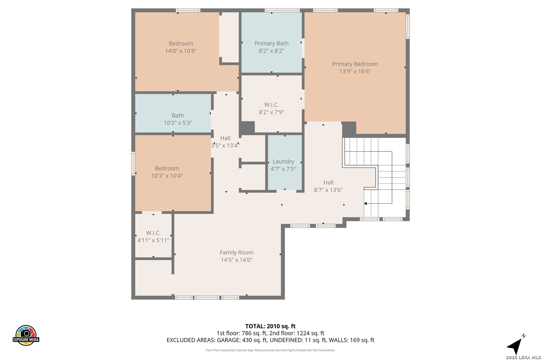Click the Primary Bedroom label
tap(355, 64)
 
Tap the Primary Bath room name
tap(272, 43)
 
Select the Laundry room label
tap(283, 162)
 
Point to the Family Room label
tap(236, 252)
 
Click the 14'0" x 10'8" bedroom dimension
tap(181, 51)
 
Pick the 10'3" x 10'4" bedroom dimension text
tap(167, 176)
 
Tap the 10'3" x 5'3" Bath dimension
tap(178, 123)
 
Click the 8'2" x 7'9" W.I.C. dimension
tap(272, 112)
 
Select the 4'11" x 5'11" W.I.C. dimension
tap(153, 240)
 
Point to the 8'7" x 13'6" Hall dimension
tap(328, 190)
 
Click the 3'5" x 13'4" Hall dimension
tap(225, 146)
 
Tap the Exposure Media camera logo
tap(26, 335)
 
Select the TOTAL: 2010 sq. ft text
tap(270, 326)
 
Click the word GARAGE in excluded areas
tap(228, 340)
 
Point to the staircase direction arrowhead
tap(365, 204)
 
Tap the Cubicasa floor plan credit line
tap(270, 350)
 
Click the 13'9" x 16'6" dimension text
tap(355, 71)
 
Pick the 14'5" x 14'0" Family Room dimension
tap(236, 260)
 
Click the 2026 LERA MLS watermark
tap(523, 357)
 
